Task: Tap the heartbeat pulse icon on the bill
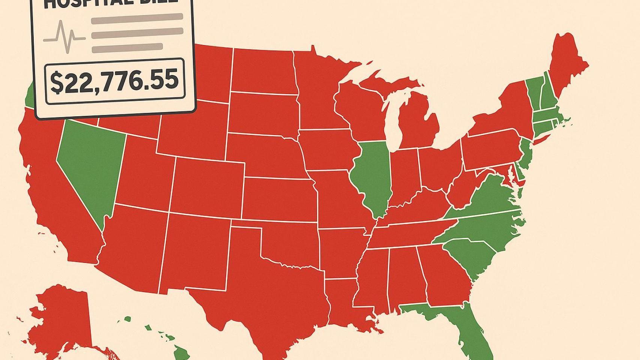[x=64, y=37]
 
